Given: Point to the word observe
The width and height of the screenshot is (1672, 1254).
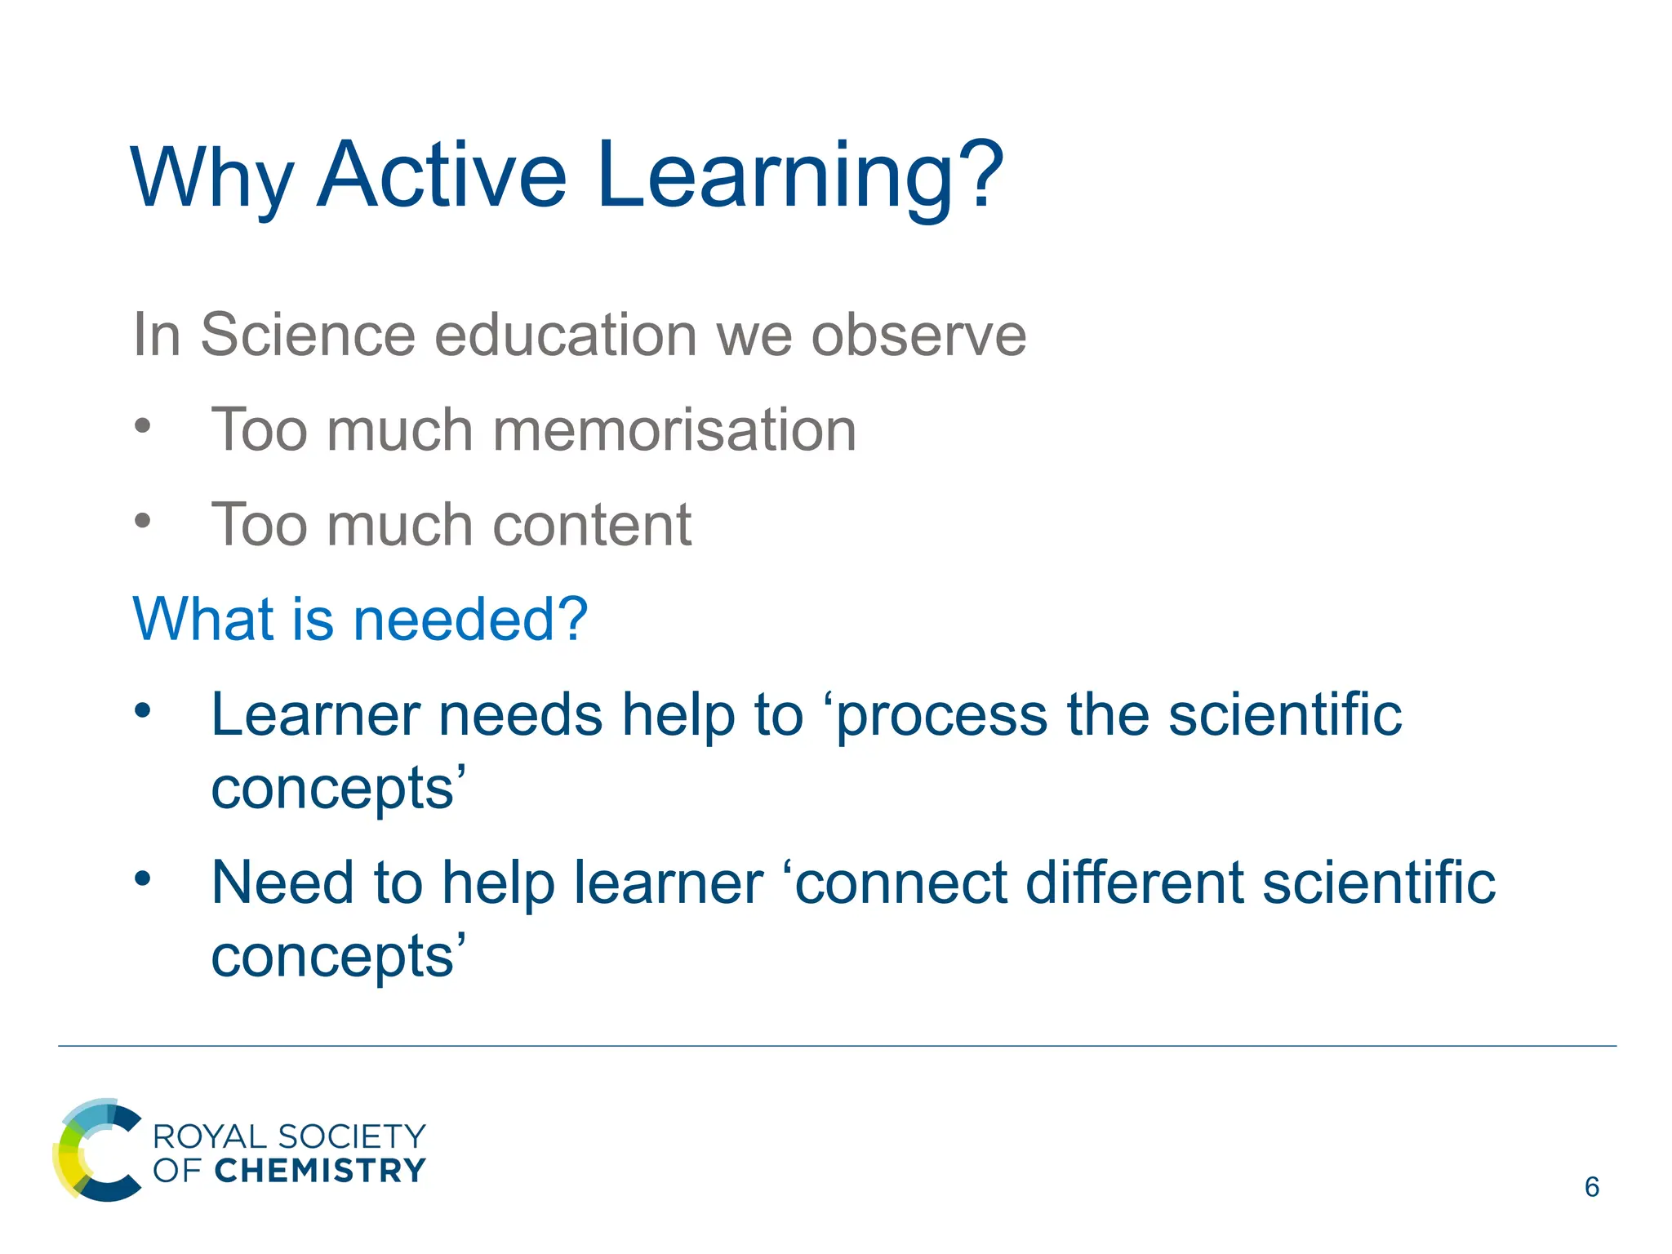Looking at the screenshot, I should pyautogui.click(x=918, y=335).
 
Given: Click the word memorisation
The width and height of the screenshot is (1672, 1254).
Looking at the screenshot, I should pyautogui.click(x=674, y=429).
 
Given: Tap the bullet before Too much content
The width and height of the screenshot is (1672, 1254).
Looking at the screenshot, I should pyautogui.click(x=143, y=520).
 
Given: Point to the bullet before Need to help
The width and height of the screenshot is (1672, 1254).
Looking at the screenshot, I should pyautogui.click(x=143, y=879).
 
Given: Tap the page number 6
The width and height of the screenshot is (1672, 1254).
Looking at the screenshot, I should pyautogui.click(x=1591, y=1187).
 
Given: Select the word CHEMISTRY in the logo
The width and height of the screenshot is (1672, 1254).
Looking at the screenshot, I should pyautogui.click(x=320, y=1170).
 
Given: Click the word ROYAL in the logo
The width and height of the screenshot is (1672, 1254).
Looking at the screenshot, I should pyautogui.click(x=210, y=1136).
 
